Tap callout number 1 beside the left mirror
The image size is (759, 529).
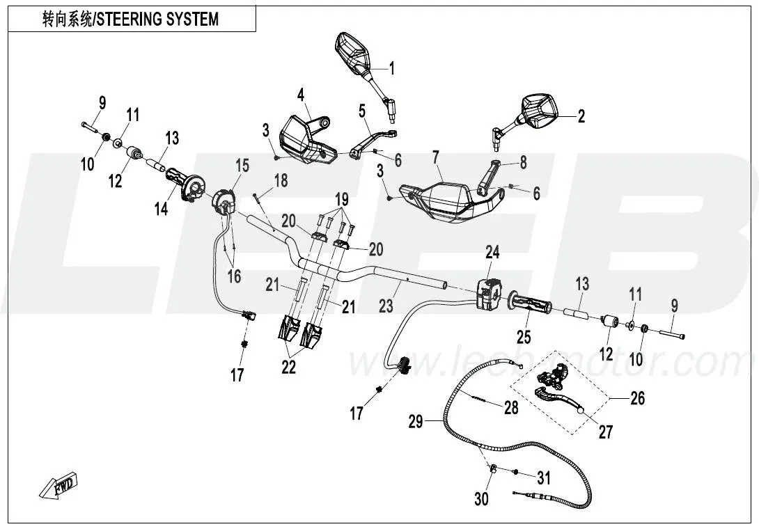pos(391,68)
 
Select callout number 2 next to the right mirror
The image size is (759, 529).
pos(581,116)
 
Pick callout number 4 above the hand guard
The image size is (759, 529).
pos(301,93)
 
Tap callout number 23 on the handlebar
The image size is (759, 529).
pos(386,305)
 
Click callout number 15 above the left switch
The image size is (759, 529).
pos(242,166)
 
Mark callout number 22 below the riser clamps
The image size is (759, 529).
pos(289,368)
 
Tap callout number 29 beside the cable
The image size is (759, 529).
pos(416,422)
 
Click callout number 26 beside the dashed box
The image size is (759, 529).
pos(637,397)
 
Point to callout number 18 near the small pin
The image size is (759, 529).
pos(280,181)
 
